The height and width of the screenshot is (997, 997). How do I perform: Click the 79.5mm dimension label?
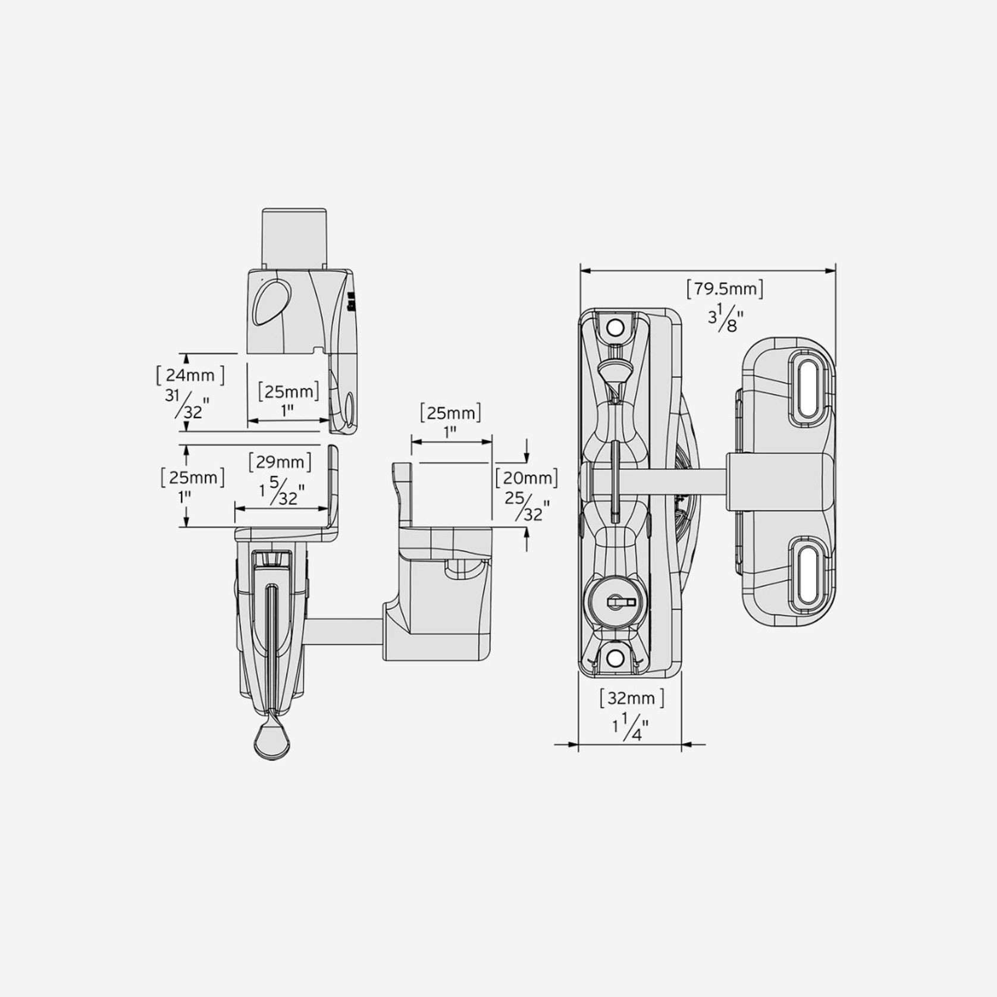point(725,289)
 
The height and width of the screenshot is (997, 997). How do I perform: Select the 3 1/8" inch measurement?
point(726,317)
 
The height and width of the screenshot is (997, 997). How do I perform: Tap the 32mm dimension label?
point(632,698)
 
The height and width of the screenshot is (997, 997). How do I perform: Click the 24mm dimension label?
point(190,375)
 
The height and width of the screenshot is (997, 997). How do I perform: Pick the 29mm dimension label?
point(280,462)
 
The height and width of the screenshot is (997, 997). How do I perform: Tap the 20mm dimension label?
point(526,478)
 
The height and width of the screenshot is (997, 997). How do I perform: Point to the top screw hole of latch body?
point(615,328)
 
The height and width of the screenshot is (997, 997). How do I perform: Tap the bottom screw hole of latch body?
point(615,657)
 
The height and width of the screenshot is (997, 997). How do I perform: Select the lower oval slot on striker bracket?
point(809,573)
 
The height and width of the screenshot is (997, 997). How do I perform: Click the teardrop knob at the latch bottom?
point(271,741)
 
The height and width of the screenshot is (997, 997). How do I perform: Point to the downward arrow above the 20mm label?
point(526,457)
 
